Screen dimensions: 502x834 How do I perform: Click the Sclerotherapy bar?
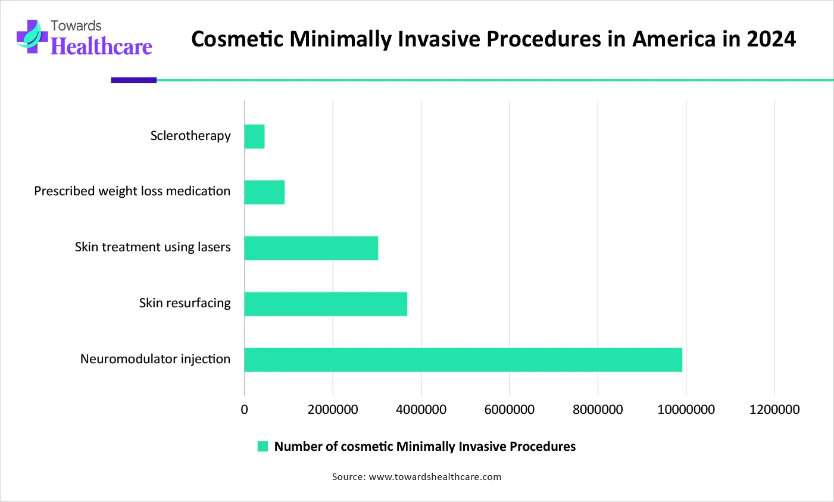(254, 136)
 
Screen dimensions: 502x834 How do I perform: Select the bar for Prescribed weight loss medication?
(264, 192)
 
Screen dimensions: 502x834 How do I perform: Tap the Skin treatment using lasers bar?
(311, 248)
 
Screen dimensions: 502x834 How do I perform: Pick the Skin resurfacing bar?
(326, 304)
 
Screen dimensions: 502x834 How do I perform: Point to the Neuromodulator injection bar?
(463, 360)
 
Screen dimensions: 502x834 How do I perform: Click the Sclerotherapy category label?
(190, 136)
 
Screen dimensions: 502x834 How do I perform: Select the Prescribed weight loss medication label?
(132, 191)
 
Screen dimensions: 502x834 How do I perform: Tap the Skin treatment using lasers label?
(152, 247)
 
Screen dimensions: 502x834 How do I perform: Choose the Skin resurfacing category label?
(185, 303)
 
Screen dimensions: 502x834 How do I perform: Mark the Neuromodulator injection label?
(155, 359)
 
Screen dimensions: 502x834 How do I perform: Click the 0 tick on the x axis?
(244, 410)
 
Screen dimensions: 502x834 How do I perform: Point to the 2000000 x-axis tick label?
(333, 410)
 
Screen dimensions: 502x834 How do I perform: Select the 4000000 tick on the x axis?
(421, 410)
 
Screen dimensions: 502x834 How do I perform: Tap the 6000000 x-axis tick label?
(509, 410)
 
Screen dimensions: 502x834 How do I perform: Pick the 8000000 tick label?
(598, 410)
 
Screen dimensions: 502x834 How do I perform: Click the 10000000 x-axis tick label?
(686, 410)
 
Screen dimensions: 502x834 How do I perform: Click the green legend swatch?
(263, 447)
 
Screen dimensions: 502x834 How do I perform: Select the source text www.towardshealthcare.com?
(435, 477)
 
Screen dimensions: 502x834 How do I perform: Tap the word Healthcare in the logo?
(101, 46)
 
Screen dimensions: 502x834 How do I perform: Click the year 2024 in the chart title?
(771, 39)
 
